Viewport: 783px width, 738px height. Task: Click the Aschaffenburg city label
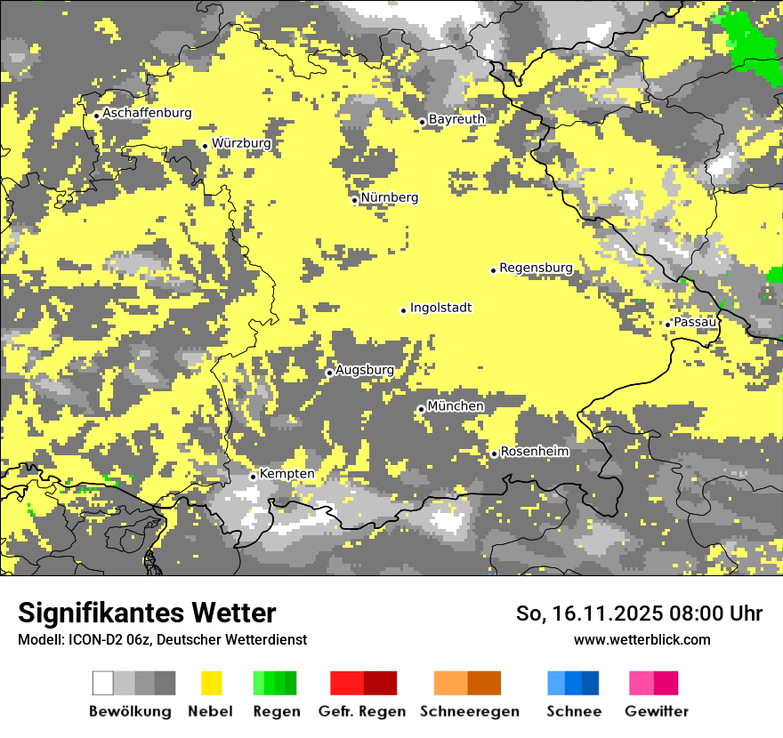[147, 113]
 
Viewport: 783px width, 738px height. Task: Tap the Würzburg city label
[241, 143]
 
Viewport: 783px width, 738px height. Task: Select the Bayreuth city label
[456, 119]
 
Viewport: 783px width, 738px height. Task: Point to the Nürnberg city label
[390, 197]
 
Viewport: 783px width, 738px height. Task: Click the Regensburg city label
[536, 268]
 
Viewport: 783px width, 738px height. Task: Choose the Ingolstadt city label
[440, 308]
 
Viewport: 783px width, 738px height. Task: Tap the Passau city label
[695, 322]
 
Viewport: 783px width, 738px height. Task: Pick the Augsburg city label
[364, 370]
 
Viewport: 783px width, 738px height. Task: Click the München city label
[456, 406]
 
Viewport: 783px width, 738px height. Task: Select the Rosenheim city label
[534, 452]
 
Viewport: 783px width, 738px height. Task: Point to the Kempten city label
[287, 474]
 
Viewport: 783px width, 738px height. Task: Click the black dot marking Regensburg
[493, 270]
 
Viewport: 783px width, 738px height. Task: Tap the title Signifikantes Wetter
[147, 613]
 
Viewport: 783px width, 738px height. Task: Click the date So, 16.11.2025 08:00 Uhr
[639, 614]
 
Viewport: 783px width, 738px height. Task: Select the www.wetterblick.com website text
[642, 639]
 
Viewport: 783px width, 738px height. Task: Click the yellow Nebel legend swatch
[211, 683]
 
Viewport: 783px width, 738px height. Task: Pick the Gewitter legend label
[657, 711]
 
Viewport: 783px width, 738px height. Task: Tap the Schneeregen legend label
[469, 711]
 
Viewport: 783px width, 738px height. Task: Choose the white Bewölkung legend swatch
[103, 683]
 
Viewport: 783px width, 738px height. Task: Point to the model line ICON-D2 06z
[162, 639]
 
